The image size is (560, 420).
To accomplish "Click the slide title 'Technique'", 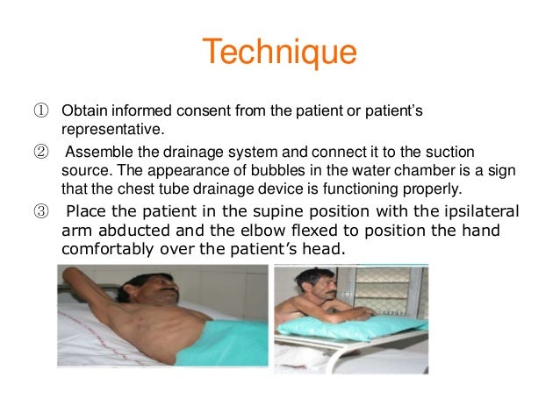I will pyautogui.click(x=279, y=53).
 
